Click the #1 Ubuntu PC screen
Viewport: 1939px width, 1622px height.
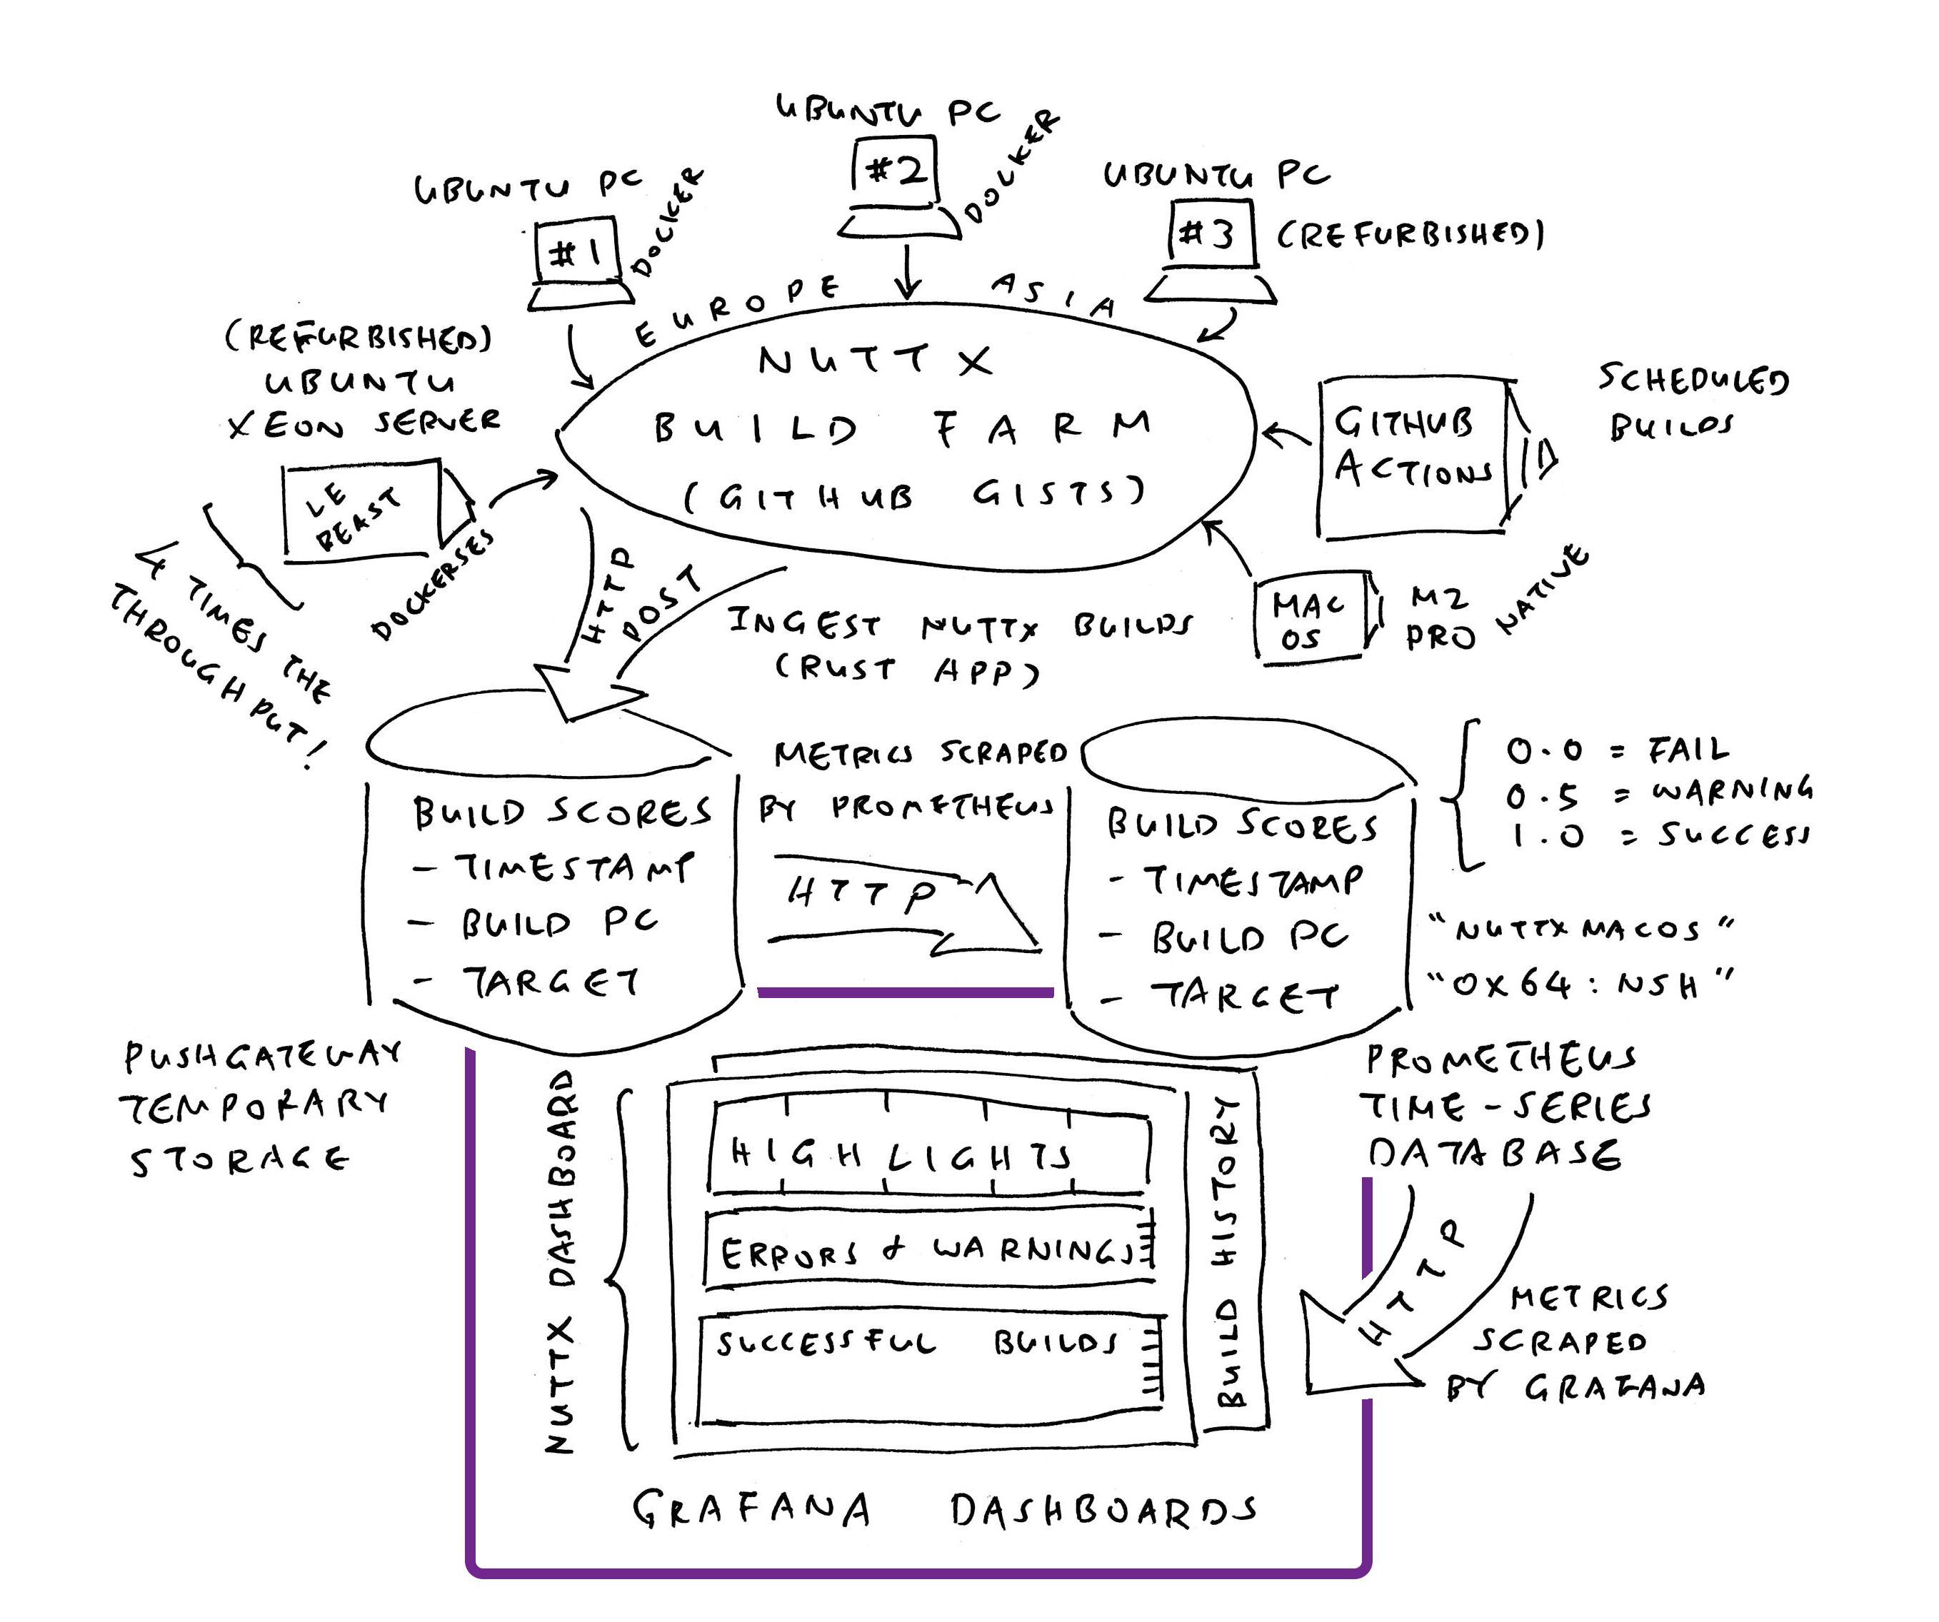[574, 251]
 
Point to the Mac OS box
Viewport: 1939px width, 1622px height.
[1309, 617]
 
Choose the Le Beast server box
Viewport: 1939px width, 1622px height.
[360, 510]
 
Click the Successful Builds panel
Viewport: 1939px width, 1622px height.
[928, 1366]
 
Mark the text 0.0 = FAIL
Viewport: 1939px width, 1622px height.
[1615, 750]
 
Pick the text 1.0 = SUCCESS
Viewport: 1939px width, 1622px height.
[1658, 835]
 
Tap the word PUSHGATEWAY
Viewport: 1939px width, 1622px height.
[262, 1055]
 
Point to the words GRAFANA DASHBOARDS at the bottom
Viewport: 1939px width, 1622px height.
[942, 1511]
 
